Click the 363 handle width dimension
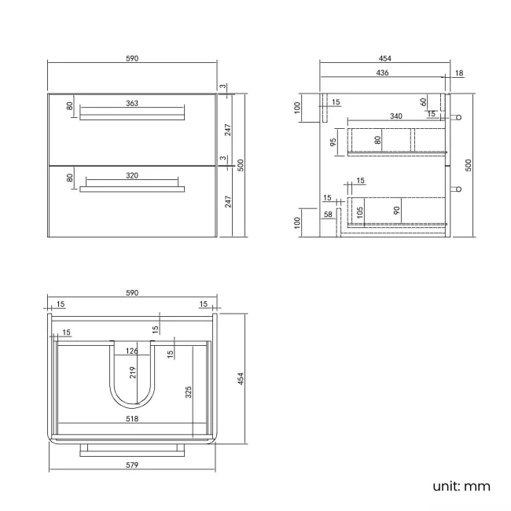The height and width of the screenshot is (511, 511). pyautogui.click(x=132, y=103)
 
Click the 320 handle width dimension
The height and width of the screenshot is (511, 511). pyautogui.click(x=132, y=175)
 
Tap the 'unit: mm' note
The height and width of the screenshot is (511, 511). pyautogui.click(x=461, y=486)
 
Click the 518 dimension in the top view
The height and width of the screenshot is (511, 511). pyautogui.click(x=132, y=418)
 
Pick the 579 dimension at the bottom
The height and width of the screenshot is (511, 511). pyautogui.click(x=132, y=465)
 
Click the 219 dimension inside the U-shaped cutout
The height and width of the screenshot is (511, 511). pyautogui.click(x=132, y=373)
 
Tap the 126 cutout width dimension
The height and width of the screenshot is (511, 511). pyautogui.click(x=132, y=351)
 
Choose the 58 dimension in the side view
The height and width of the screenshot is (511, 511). pyautogui.click(x=327, y=214)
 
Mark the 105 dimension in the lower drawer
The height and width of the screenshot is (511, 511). pyautogui.click(x=360, y=210)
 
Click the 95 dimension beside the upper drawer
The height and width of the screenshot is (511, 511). pyautogui.click(x=333, y=142)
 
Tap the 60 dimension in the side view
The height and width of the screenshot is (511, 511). pyautogui.click(x=423, y=101)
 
